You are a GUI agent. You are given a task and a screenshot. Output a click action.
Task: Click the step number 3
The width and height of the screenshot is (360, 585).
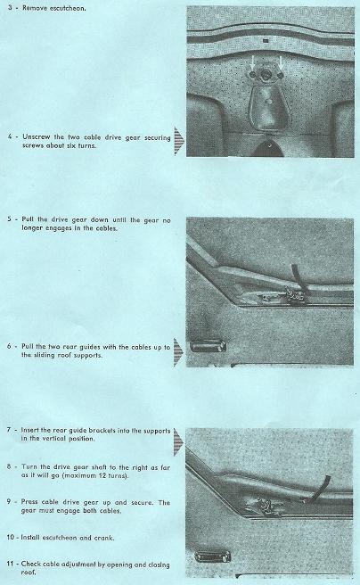(x=10, y=7)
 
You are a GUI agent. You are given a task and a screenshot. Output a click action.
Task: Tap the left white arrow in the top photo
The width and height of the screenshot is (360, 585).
(x=253, y=62)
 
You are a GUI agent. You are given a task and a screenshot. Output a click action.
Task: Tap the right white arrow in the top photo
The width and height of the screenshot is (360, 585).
(x=281, y=62)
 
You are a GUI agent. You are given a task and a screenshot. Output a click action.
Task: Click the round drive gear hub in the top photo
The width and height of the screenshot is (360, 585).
(x=266, y=75)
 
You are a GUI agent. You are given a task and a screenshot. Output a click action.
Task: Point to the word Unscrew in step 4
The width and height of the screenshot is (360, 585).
(x=37, y=137)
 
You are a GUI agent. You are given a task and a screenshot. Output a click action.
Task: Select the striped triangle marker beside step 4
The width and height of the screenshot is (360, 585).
(x=178, y=141)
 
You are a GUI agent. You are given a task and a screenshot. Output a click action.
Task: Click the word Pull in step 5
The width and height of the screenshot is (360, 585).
(x=28, y=219)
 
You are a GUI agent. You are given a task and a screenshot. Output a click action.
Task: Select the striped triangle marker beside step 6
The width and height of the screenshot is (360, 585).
(x=178, y=352)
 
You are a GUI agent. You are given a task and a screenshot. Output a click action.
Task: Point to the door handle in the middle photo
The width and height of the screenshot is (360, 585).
(x=208, y=346)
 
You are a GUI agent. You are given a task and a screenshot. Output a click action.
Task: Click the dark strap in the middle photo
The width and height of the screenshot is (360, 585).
(x=298, y=276)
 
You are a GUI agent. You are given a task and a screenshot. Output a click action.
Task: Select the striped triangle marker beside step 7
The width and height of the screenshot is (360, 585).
(x=178, y=441)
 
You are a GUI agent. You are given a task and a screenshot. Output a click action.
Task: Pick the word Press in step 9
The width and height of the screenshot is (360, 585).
(x=29, y=502)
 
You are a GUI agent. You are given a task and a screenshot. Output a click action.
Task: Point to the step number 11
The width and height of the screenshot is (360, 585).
(x=12, y=564)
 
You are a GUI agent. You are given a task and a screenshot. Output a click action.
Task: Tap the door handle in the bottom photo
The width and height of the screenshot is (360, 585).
(x=212, y=557)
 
